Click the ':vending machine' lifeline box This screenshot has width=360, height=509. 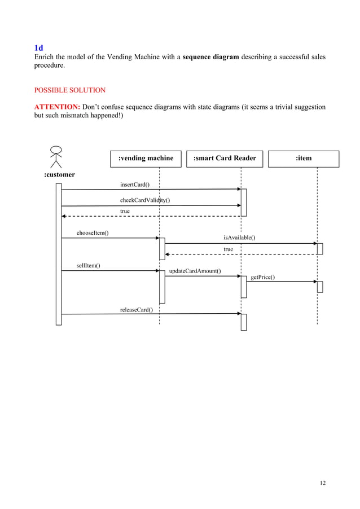tap(146, 159)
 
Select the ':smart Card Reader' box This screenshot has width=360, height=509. tap(225, 159)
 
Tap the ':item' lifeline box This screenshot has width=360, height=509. tap(304, 159)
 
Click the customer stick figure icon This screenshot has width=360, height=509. tap(56, 156)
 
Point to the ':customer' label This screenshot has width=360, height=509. tap(60, 175)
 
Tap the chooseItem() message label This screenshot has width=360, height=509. tap(93, 233)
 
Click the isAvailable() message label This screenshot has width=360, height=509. tap(239, 238)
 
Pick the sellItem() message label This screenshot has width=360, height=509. tap(89, 265)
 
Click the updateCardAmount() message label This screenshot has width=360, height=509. tap(195, 271)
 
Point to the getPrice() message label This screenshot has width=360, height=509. tap(262, 277)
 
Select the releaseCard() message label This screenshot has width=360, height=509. tap(137, 309)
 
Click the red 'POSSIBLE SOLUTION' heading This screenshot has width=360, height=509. tap(70, 90)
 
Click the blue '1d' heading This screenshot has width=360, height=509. tap(39, 48)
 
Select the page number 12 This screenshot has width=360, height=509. tap(322, 482)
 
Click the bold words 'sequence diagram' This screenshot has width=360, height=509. tap(212, 58)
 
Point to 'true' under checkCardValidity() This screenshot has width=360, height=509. tap(125, 211)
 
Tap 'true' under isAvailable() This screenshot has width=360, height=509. tap(228, 249)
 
